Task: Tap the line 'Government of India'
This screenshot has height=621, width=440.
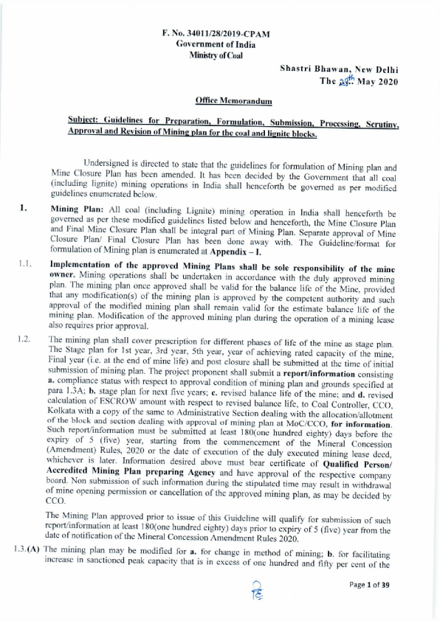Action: point(216,44)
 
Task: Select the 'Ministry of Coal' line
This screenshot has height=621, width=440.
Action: point(216,55)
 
